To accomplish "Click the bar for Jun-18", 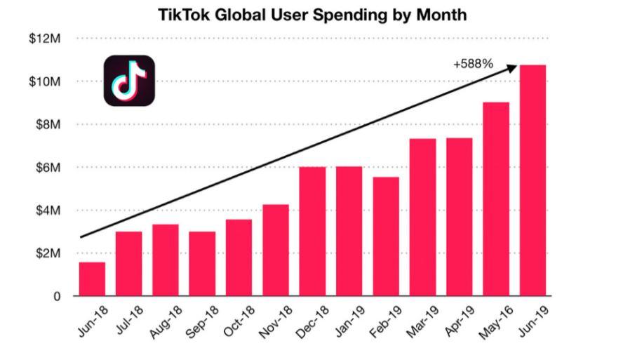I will point(92,279).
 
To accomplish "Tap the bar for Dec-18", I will point(312,231).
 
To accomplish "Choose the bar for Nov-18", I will point(276,250).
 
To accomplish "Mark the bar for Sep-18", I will point(202,263).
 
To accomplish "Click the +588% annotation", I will point(473,65).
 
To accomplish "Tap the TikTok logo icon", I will point(129,81).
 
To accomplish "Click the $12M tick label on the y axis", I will point(45,39).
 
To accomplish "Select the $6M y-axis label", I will point(47,167).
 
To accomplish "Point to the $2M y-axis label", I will point(47,253).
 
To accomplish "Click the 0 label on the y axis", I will point(57,296).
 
